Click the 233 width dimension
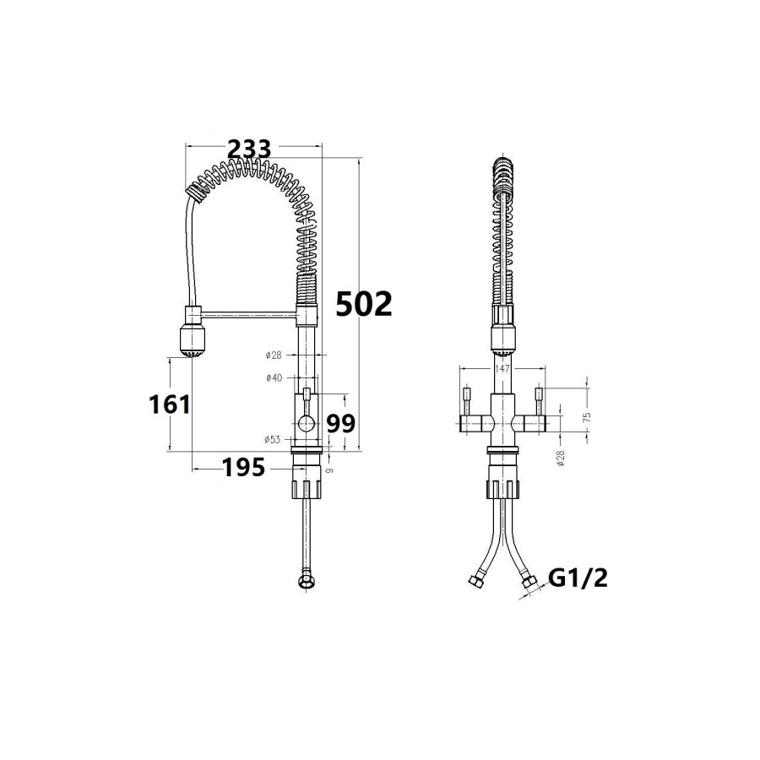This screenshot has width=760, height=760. pyautogui.click(x=249, y=149)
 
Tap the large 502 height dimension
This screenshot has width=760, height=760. pyautogui.click(x=364, y=303)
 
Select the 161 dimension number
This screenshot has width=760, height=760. pyautogui.click(x=170, y=404)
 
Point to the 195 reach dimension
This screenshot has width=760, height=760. pyautogui.click(x=243, y=466)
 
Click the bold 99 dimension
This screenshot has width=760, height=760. pyautogui.click(x=340, y=424)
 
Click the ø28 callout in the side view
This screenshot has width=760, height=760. pyautogui.click(x=273, y=355)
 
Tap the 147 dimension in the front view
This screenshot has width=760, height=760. pyautogui.click(x=502, y=369)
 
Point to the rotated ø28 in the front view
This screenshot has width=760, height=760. pyautogui.click(x=560, y=459)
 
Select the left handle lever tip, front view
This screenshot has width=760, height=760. pyautogui.click(x=465, y=394)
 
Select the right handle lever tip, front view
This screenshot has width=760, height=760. pyautogui.click(x=539, y=394)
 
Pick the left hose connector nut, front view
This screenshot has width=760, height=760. pyautogui.click(x=474, y=581)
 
